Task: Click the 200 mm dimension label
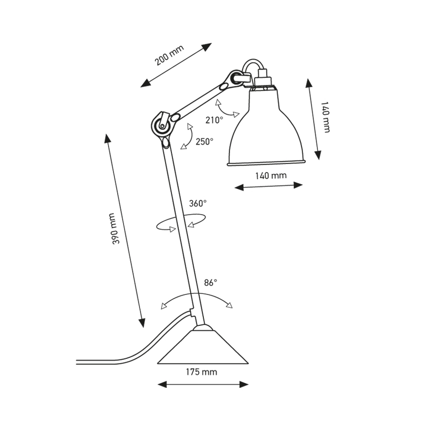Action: (169, 55)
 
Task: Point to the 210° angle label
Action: (214, 120)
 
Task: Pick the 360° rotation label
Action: (198, 203)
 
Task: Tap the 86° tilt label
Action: (211, 283)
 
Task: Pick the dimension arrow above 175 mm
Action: (204, 383)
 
